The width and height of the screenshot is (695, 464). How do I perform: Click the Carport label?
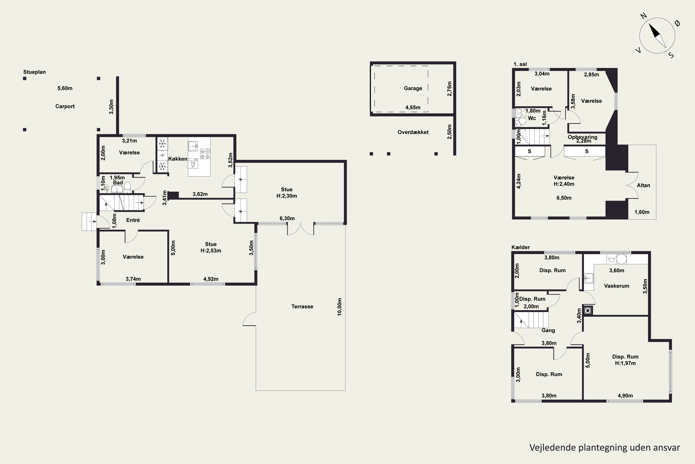[x=65, y=106]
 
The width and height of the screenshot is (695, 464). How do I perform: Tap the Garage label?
[x=413, y=88]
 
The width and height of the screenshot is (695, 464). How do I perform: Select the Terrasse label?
[x=302, y=306]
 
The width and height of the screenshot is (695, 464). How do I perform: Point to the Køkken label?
[x=178, y=159]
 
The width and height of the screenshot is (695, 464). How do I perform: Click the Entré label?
[x=133, y=220]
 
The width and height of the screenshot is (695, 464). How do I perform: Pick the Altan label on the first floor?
[x=643, y=185]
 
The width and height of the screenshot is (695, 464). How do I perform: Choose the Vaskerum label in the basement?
[x=617, y=286]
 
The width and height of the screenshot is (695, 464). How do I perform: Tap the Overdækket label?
[x=413, y=132]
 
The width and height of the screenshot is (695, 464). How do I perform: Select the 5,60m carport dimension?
[x=65, y=88]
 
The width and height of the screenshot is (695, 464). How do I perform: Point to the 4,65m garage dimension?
[x=413, y=107]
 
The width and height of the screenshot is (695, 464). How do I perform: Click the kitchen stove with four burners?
[x=205, y=154]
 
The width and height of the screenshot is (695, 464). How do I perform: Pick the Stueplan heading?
[x=35, y=72]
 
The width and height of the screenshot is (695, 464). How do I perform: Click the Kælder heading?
[x=521, y=247]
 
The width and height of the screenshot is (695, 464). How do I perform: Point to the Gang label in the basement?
[x=548, y=330]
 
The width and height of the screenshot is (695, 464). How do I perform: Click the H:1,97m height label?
[x=625, y=363]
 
